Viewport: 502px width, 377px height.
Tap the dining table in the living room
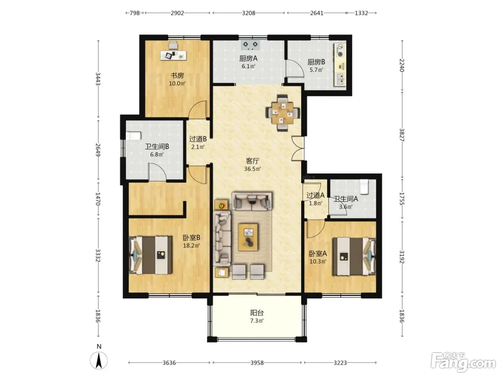[x=283, y=113]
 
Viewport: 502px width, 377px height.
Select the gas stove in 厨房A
[x=250, y=45]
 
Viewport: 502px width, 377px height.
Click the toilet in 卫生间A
[x=364, y=187]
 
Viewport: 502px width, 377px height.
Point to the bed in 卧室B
[x=150, y=255]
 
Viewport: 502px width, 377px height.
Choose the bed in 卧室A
[x=354, y=256]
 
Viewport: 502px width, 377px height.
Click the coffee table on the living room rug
[x=248, y=237]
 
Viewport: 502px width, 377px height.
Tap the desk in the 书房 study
[x=173, y=56]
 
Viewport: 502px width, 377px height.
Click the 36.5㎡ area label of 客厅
[x=252, y=169]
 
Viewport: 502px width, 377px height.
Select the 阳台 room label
[x=257, y=313]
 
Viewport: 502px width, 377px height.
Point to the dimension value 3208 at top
[x=248, y=13]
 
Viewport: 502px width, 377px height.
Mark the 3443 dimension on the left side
[x=98, y=79]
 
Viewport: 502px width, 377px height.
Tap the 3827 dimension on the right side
[x=402, y=135]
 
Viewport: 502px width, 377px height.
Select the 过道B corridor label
[x=198, y=139]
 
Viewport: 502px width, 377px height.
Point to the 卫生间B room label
[x=157, y=146]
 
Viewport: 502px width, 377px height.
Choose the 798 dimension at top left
[x=135, y=13]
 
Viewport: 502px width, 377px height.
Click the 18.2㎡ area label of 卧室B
[x=191, y=246]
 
